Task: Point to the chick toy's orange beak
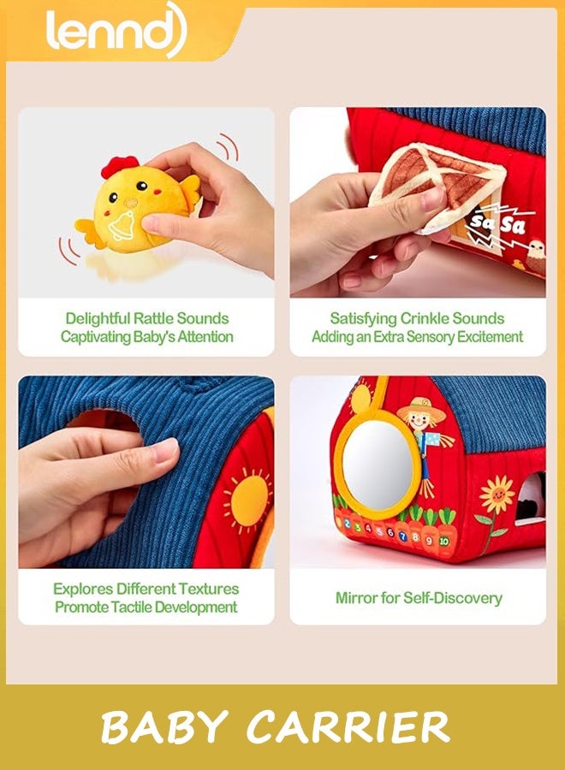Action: [131, 202]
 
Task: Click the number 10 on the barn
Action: [444, 542]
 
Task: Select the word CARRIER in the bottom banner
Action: [348, 728]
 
